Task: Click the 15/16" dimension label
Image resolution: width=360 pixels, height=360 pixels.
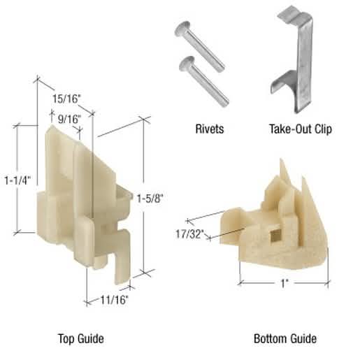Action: pyautogui.click(x=66, y=99)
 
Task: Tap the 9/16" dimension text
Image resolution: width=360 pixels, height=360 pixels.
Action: pyautogui.click(x=69, y=120)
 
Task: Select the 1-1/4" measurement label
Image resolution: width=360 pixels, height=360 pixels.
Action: pyautogui.click(x=17, y=180)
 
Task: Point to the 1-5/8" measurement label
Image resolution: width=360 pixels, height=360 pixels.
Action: pyautogui.click(x=150, y=199)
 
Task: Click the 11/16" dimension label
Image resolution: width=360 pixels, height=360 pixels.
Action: pyautogui.click(x=114, y=300)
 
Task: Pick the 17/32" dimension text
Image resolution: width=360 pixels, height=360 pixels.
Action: pyautogui.click(x=190, y=234)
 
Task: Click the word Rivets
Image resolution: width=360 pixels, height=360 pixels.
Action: pyautogui.click(x=210, y=129)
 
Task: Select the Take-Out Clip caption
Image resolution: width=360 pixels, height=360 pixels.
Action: pyautogui.click(x=301, y=129)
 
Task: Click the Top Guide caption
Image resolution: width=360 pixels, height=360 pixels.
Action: pyautogui.click(x=81, y=338)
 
